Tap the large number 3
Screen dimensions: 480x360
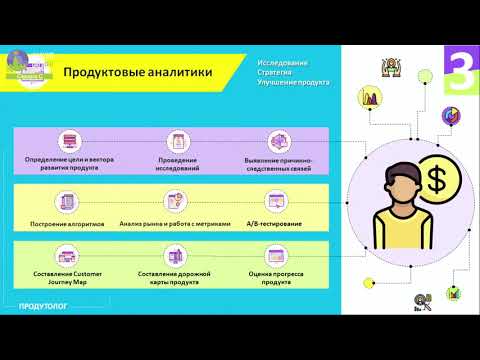coord(459,72)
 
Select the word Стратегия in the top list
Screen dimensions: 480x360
coord(277,73)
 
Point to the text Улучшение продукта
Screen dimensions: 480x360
coord(294,82)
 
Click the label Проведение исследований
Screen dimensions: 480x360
coord(178,164)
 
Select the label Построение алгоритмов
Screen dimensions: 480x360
coord(68,223)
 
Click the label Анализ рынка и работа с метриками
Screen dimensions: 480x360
coord(175,223)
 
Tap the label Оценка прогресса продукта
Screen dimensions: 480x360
coord(277,277)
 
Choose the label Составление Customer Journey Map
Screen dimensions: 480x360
coord(67,277)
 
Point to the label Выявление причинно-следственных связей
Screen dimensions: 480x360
coord(278,164)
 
